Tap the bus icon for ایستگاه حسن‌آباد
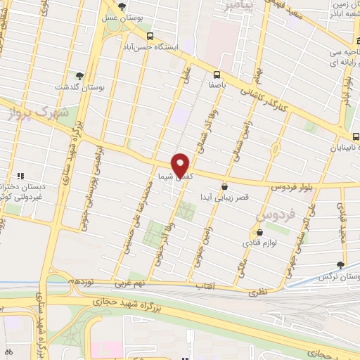(149, 35)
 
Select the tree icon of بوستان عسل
(123, 6)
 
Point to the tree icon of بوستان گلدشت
(79, 76)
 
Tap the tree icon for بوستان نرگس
(341, 264)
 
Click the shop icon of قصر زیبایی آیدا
(224, 187)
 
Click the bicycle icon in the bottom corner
(8, 351)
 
